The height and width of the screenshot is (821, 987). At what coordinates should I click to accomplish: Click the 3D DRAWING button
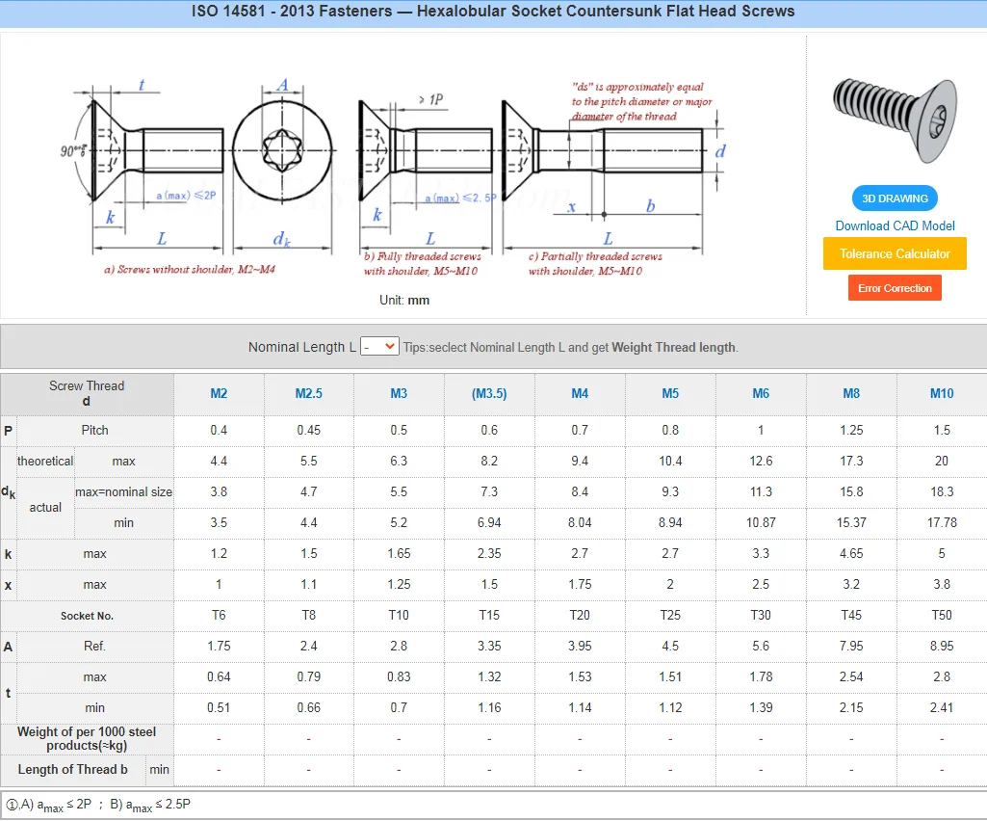coord(895,199)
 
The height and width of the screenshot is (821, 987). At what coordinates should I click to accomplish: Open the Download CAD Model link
coord(895,226)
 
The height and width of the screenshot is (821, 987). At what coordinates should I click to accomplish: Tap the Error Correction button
coord(895,288)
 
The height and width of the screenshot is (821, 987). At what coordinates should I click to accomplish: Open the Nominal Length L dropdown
coord(379,346)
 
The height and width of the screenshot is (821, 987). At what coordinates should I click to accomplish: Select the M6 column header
coord(761,393)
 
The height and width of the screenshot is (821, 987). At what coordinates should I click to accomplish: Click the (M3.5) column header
coord(489,393)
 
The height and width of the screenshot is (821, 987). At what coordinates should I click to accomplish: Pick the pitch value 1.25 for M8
coord(851,430)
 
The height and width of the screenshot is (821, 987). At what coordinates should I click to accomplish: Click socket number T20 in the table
coord(580,615)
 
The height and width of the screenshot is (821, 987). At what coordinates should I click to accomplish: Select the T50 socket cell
coord(941,615)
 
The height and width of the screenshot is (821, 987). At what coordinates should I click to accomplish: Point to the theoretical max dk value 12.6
coord(761,461)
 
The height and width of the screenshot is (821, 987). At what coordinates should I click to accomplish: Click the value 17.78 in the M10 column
coord(941,522)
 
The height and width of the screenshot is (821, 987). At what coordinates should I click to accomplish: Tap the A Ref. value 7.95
coord(851,646)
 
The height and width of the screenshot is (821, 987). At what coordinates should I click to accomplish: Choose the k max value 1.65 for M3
coord(399,553)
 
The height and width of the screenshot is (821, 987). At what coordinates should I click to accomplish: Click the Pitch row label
coord(94,430)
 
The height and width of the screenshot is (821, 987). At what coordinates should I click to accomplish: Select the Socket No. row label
coord(87,616)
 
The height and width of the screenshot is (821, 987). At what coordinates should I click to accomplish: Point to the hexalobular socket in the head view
coord(281,150)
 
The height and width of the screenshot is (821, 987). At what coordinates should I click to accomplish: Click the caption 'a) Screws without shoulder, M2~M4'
coord(190,270)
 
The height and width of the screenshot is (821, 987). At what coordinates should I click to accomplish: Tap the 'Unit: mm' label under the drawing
coord(404,300)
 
